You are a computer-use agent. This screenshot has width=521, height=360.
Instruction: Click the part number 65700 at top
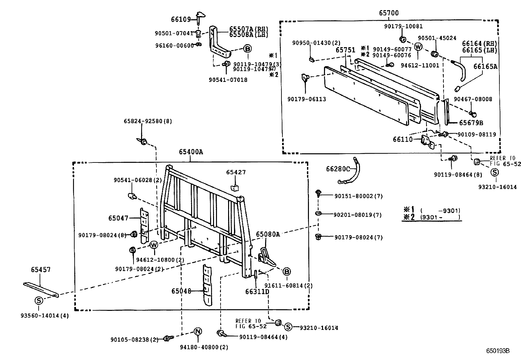tap(389, 13)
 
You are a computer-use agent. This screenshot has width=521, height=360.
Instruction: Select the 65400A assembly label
tap(191, 152)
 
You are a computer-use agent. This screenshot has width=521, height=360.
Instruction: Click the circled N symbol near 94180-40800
tap(197, 332)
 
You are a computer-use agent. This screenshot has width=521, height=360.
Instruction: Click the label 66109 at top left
tap(181, 20)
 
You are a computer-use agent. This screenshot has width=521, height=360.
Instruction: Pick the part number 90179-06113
tap(307, 99)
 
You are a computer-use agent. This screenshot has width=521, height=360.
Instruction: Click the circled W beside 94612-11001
tap(418, 47)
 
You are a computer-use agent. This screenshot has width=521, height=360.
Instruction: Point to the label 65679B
tap(471, 123)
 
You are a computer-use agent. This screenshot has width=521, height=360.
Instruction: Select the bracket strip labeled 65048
tap(207, 285)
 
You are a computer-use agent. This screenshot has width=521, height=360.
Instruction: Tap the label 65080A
tap(268, 234)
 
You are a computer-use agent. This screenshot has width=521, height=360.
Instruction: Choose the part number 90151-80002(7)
tap(358, 196)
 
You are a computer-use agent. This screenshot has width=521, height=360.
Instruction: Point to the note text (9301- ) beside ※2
tap(440, 217)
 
